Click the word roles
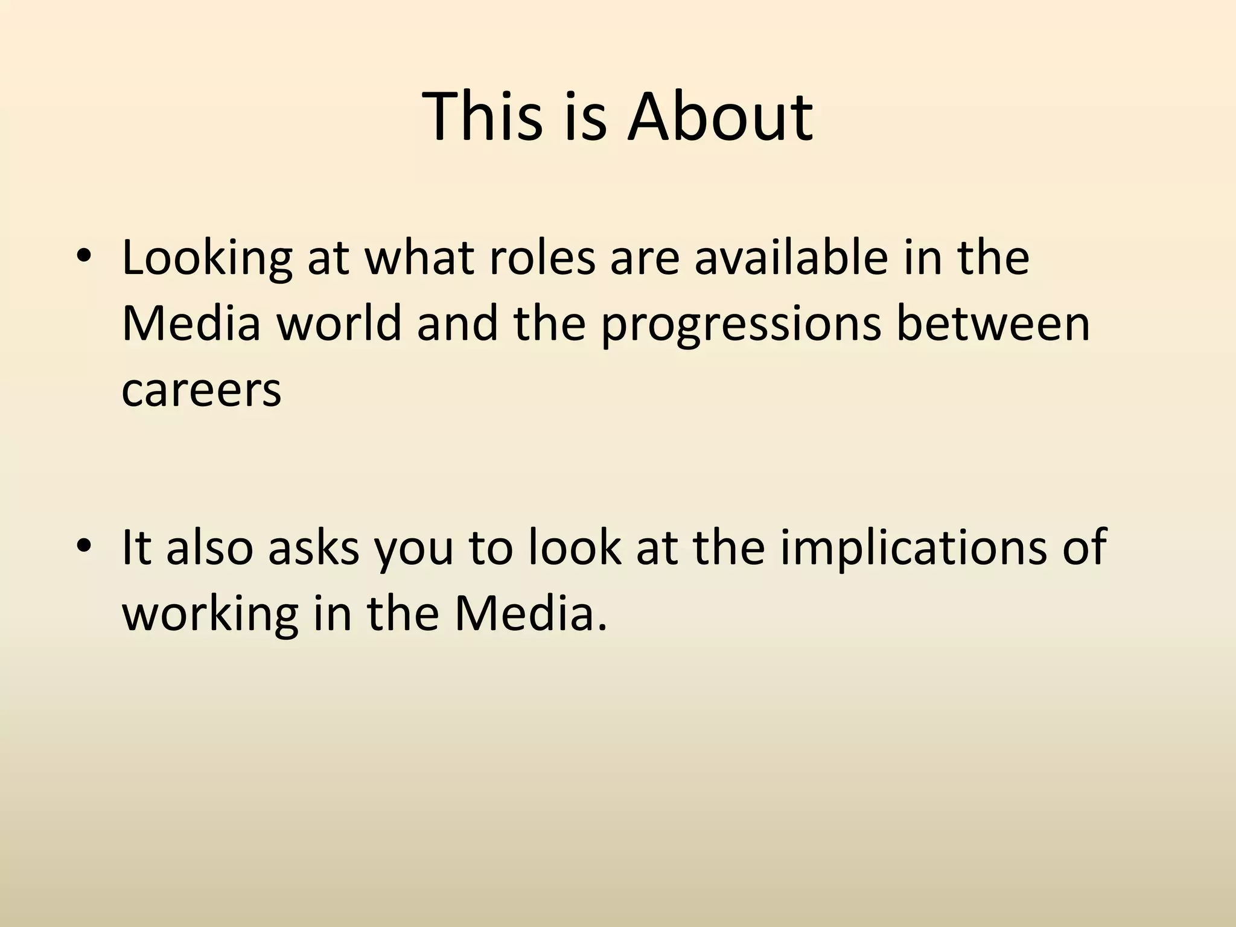pos(541,258)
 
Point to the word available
pos(791,258)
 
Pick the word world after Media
pos(339,323)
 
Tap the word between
pos(993,323)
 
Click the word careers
pos(202,389)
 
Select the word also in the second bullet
pos(209,546)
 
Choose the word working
pos(210,614)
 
